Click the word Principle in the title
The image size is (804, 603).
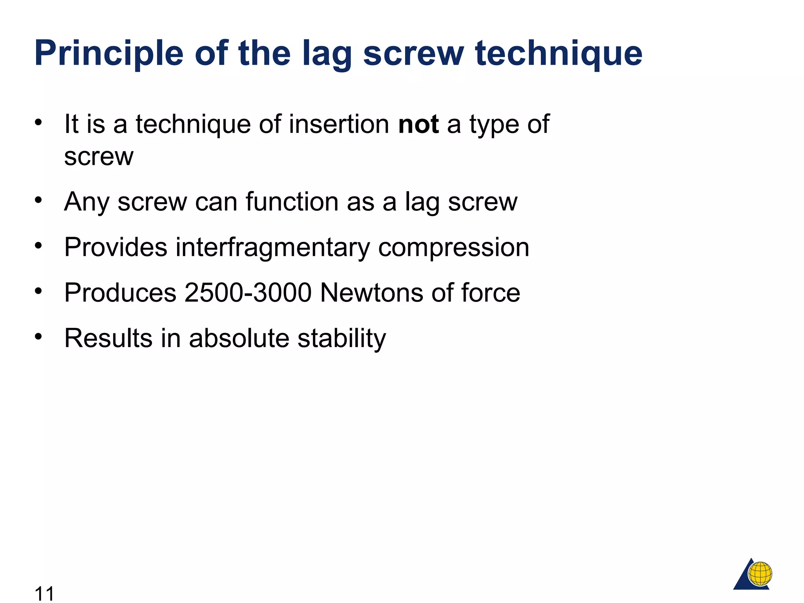[x=109, y=54]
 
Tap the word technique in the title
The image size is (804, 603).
[x=558, y=54]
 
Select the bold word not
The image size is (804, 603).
[x=418, y=124]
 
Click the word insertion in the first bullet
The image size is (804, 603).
[x=339, y=124]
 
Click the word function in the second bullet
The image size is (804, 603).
[x=292, y=202]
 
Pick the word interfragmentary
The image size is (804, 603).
[x=272, y=248]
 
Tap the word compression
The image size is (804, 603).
[x=453, y=248]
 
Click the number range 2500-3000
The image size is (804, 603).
[x=248, y=293]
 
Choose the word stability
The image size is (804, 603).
[x=342, y=338]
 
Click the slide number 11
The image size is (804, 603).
[x=44, y=593]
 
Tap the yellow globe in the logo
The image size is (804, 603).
[x=760, y=573]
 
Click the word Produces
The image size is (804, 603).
[x=120, y=293]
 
